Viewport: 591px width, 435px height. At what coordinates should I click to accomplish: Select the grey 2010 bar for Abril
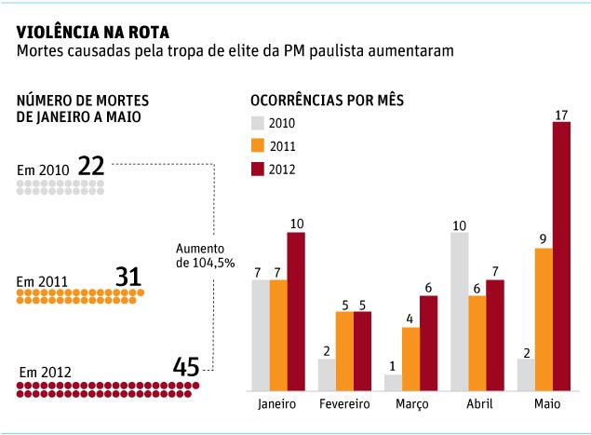[459, 310]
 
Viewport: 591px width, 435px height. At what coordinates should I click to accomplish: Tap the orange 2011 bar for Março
[411, 358]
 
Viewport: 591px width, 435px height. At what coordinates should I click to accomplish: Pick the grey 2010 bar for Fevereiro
[327, 374]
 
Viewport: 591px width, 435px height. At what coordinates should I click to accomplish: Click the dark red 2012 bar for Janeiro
[296, 310]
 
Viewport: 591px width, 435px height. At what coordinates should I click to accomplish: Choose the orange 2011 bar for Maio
[544, 318]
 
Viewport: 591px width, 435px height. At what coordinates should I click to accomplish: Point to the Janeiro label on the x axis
[277, 404]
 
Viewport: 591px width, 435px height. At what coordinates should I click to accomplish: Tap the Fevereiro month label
[344, 404]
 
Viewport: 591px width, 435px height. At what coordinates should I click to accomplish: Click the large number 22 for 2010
[91, 166]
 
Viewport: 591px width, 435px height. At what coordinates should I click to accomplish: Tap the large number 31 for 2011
[128, 276]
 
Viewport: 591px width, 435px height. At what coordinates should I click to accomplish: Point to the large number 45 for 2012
[186, 367]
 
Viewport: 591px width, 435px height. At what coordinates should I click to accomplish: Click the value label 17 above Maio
[561, 115]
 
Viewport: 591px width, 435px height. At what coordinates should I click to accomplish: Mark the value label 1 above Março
[394, 367]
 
